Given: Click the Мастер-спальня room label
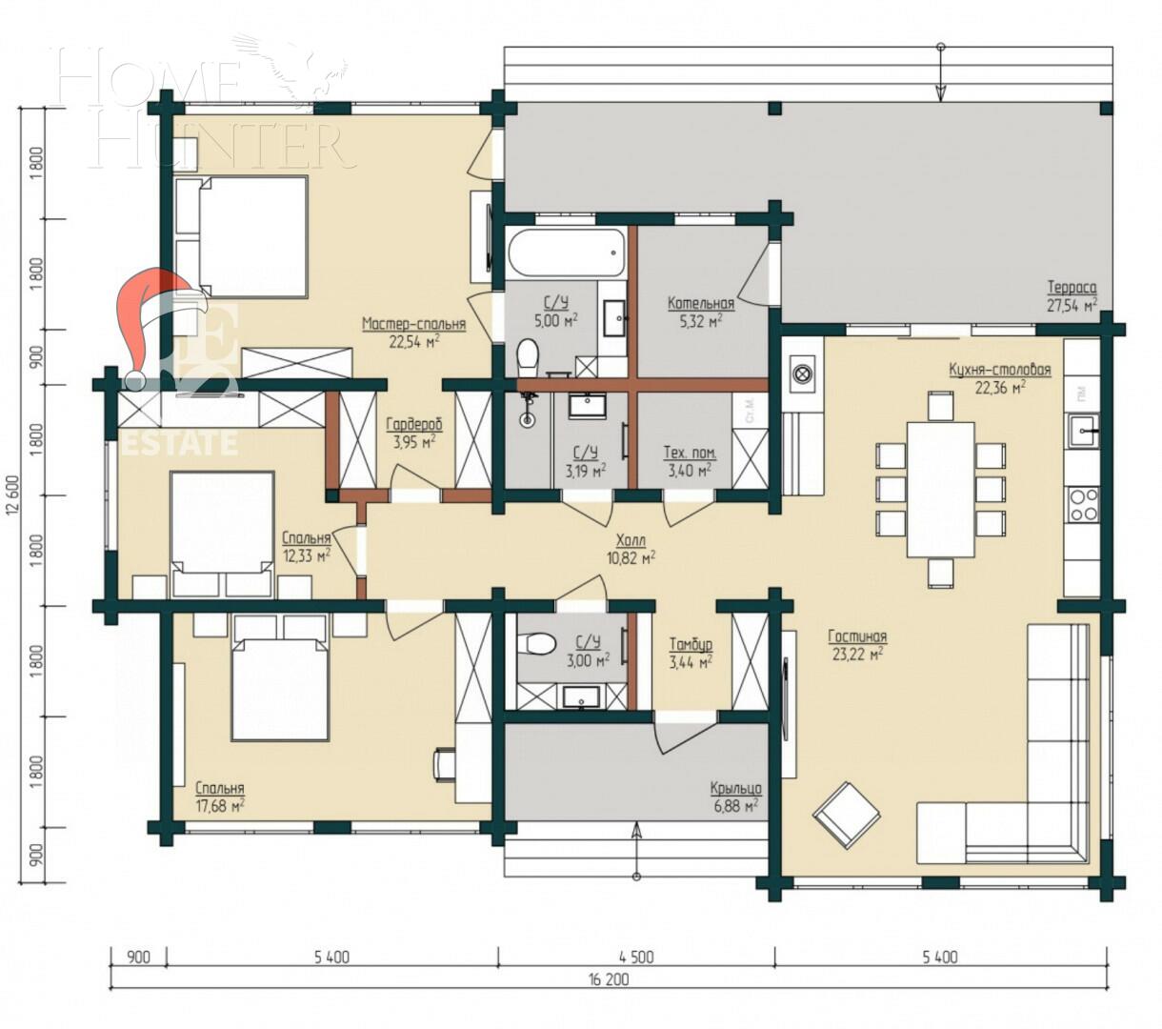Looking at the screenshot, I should click(413, 324).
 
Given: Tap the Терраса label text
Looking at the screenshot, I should click(1072, 287).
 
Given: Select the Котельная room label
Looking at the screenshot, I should click(700, 304).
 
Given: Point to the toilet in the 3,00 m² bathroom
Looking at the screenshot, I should click(539, 644).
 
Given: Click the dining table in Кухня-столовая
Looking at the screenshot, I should click(940, 489).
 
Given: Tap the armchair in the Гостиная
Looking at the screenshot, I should click(846, 814).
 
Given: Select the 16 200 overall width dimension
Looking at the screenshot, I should click(609, 979).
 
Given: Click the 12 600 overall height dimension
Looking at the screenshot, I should click(11, 495).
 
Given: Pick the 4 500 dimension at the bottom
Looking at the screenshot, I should click(635, 957).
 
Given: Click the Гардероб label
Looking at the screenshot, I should click(413, 425).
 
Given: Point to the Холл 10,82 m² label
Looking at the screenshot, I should click(631, 540).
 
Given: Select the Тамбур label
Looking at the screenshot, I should click(691, 645).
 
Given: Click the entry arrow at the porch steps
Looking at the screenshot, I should click(636, 844).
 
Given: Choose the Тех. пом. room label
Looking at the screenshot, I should click(690, 454).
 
